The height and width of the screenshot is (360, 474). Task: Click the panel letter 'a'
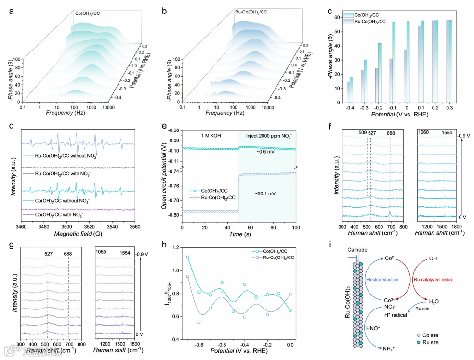point(11,9)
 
